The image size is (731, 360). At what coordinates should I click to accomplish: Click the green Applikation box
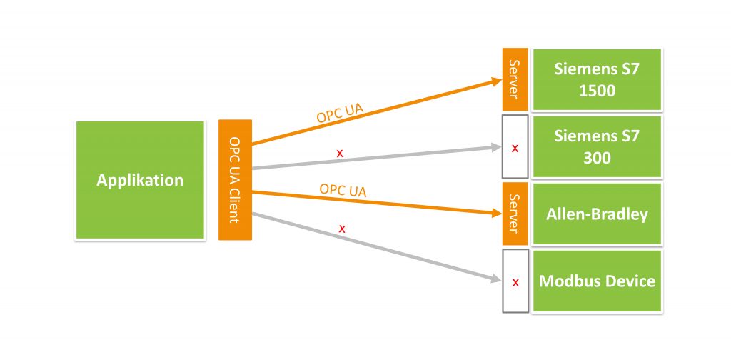click(x=140, y=180)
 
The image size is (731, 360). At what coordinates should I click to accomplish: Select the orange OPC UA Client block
click(x=235, y=179)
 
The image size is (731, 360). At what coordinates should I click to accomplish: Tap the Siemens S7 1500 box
click(x=597, y=80)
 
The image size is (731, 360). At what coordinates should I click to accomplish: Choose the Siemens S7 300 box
click(x=597, y=147)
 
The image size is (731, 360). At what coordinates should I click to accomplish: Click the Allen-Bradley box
click(x=597, y=214)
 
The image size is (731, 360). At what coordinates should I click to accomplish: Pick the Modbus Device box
click(x=597, y=281)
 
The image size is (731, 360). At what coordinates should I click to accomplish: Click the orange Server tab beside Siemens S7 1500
click(x=515, y=80)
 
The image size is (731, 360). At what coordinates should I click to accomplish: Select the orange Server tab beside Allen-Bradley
click(x=515, y=214)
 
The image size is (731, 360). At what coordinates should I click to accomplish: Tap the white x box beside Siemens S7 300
click(x=515, y=147)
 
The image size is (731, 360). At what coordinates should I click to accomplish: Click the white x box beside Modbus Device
click(x=515, y=281)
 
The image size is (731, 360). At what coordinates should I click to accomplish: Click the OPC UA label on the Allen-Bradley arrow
click(x=343, y=190)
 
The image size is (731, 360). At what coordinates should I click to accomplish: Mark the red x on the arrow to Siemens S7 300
click(x=340, y=152)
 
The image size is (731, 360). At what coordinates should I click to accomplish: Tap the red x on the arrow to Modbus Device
click(x=342, y=229)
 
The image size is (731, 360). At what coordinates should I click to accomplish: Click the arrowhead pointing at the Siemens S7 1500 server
click(x=496, y=81)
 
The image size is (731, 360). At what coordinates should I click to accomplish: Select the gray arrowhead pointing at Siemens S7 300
click(x=496, y=147)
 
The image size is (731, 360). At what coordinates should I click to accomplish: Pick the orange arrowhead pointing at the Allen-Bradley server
click(x=496, y=213)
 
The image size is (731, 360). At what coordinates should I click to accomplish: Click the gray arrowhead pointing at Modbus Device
click(x=496, y=279)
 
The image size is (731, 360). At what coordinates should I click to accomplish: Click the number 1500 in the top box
click(x=597, y=91)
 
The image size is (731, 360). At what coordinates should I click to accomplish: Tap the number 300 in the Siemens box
click(x=597, y=158)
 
